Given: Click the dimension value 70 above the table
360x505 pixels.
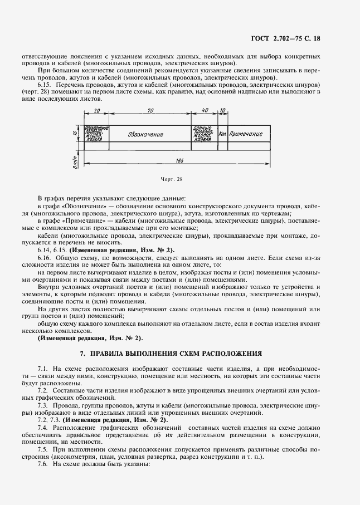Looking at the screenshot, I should pos(150,111).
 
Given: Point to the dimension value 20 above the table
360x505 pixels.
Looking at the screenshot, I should pos(97,111).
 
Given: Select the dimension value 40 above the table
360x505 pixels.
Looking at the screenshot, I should pos(205,111).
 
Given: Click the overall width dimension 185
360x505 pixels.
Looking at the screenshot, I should pos(179,161).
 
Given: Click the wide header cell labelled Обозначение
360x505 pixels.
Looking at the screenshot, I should pos(145,134).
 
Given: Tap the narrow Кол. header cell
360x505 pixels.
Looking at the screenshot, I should pos(222,134).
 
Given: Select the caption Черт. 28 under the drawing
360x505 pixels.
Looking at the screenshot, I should pos(172,179).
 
